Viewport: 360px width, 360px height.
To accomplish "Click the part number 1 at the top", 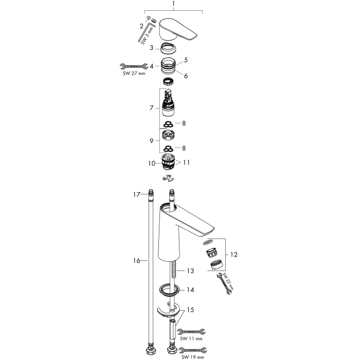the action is click(174, 4).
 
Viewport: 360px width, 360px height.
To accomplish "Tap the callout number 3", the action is click(151, 48).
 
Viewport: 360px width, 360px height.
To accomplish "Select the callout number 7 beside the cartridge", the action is click(152, 107).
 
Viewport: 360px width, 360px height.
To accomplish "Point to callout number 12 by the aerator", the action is click(233, 255).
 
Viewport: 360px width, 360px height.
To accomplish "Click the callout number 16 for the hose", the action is click(137, 261).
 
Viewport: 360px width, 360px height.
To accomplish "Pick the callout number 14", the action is click(190, 290).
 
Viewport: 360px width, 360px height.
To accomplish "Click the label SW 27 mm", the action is click(134, 74).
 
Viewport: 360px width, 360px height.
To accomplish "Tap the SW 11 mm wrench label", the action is click(191, 338).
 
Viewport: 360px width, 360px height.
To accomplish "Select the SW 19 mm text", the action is click(193, 357).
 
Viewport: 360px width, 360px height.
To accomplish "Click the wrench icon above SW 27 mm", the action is click(134, 66).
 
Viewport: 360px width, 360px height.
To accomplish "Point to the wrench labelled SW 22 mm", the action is click(224, 283).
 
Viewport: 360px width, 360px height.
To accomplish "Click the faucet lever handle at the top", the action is click(178, 30).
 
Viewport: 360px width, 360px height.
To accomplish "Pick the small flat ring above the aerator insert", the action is click(208, 242).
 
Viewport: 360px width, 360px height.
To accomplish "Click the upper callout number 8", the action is click(184, 123).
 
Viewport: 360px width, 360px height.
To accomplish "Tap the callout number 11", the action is click(186, 163).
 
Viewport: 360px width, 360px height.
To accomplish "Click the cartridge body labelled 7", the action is click(168, 103).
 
